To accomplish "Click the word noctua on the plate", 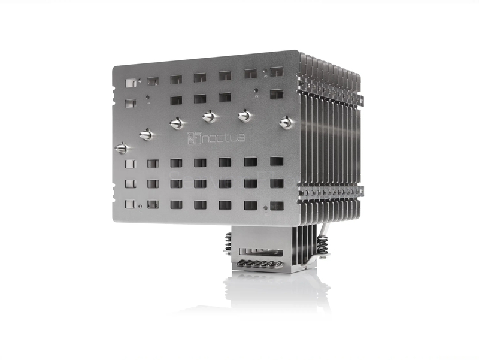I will click(223, 138).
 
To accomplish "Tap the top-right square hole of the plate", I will click(277, 72).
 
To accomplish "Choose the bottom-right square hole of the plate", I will click(276, 205).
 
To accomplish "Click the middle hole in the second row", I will click(201, 99).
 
